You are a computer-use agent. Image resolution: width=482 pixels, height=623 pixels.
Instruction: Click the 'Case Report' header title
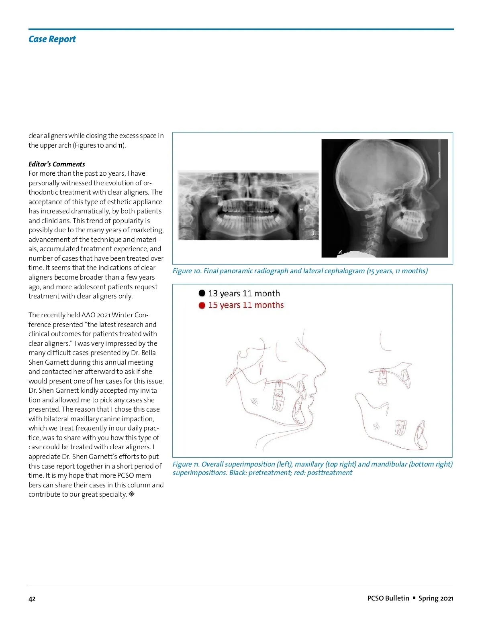52,39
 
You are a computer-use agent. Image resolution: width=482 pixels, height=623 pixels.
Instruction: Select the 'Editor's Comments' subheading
57,164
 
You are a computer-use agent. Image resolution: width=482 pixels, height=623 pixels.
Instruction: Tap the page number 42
32,599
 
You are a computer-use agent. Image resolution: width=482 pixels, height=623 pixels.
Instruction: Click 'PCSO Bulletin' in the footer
388,598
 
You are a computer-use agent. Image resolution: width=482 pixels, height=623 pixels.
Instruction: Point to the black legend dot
202,293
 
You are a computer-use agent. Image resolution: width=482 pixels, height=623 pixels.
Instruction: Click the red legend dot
202,305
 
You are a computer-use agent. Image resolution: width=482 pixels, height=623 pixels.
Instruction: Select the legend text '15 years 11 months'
246,305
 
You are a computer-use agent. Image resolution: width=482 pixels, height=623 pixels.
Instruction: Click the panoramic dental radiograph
248,205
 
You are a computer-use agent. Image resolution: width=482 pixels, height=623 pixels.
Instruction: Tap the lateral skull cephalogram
384,198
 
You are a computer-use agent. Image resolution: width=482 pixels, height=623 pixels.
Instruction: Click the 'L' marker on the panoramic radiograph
314,233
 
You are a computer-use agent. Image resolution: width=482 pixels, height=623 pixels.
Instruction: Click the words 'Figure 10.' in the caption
187,271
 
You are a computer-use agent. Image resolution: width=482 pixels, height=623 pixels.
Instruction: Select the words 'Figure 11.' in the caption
186,464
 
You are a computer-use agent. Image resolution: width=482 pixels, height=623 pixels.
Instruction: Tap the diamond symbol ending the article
132,494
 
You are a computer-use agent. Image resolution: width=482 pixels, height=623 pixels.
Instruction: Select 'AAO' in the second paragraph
88,315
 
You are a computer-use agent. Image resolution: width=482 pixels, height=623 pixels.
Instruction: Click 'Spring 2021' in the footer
436,598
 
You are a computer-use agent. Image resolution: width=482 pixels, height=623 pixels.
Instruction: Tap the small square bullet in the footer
414,598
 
